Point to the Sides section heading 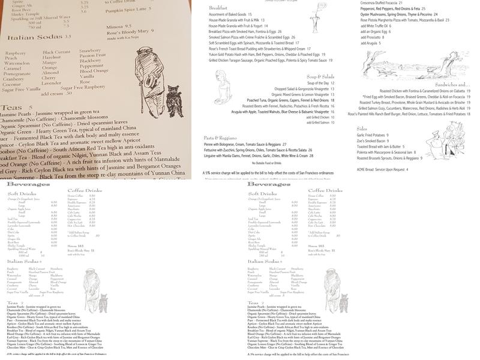(362, 128)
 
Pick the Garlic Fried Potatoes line (373, 136)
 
